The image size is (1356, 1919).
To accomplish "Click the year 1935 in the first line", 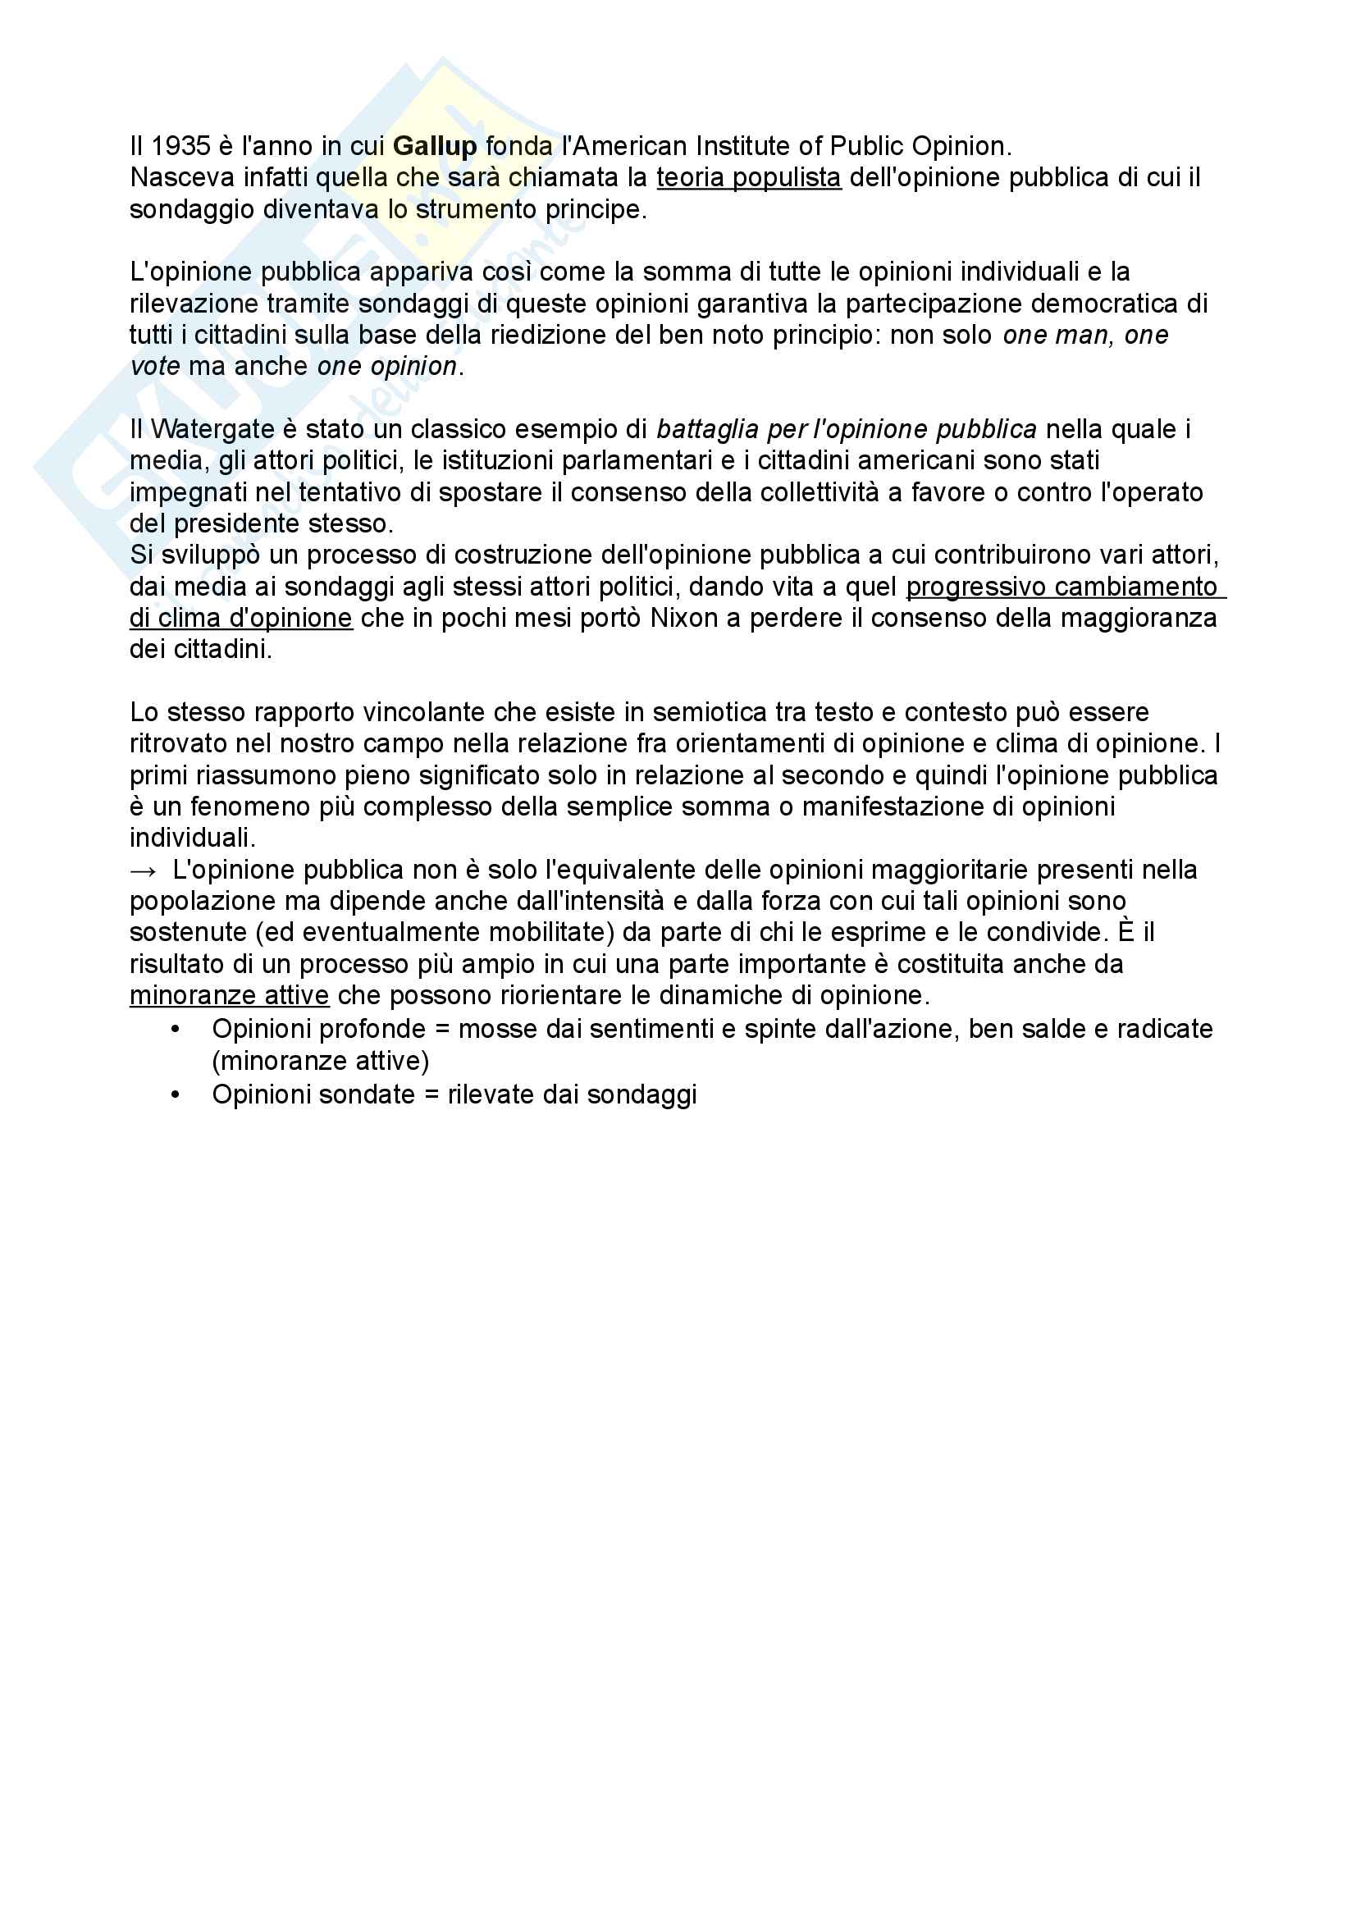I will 180,146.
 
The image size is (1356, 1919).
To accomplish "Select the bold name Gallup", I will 435,146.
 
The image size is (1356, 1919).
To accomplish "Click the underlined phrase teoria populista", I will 749,178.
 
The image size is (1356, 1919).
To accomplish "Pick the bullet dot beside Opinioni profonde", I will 176,1030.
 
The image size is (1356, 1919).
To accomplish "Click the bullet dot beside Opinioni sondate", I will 176,1095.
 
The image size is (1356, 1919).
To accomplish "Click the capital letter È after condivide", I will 1125,932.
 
